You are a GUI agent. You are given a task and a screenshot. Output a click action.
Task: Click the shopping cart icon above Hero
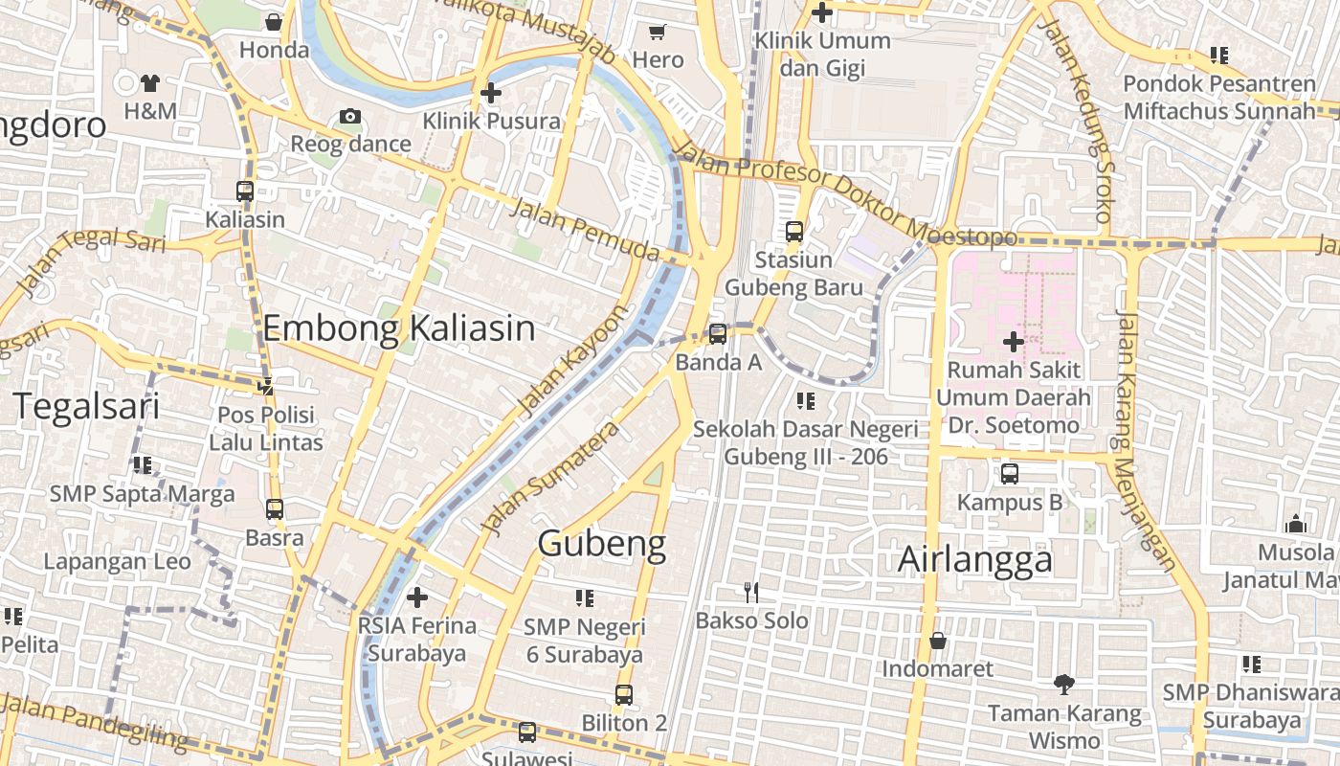click(x=657, y=33)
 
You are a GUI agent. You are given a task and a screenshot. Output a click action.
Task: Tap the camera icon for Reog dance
click(x=350, y=117)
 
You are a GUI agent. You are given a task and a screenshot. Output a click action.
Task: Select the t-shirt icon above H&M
click(x=150, y=83)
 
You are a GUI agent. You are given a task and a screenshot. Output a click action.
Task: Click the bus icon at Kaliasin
click(x=245, y=191)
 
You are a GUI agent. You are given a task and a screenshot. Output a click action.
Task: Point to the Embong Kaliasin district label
click(x=398, y=328)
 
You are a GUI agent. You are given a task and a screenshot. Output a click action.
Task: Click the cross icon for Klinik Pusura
click(x=491, y=93)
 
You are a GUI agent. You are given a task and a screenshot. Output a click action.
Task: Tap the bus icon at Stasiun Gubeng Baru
click(x=793, y=232)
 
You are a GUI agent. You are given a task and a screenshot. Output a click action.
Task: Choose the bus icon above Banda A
click(x=718, y=334)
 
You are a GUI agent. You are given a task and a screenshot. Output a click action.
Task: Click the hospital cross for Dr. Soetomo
click(x=1013, y=341)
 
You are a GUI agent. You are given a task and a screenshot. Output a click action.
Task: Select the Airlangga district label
click(x=974, y=560)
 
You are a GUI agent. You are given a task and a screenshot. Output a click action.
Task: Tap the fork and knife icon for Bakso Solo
click(x=751, y=593)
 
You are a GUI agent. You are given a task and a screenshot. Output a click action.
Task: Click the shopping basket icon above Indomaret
click(x=938, y=641)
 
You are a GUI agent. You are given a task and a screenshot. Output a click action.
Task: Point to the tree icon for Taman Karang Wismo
click(x=1063, y=685)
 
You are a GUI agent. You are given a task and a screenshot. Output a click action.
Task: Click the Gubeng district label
click(x=601, y=544)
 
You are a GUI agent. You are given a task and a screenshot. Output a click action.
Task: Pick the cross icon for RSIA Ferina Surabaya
click(x=416, y=598)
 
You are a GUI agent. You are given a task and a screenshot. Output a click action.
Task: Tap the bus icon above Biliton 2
click(x=624, y=695)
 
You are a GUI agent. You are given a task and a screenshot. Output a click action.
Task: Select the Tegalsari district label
click(x=86, y=407)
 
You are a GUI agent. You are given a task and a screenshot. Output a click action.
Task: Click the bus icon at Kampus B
click(x=1009, y=474)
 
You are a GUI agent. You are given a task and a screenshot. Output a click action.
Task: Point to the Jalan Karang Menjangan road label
click(x=1143, y=440)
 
